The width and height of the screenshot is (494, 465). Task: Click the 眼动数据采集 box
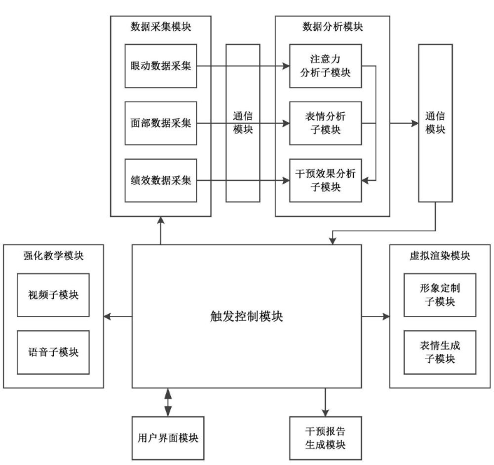pyautogui.click(x=161, y=65)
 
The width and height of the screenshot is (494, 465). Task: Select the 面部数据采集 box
pyautogui.click(x=161, y=123)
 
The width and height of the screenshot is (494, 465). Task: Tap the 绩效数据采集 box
pyautogui.click(x=161, y=180)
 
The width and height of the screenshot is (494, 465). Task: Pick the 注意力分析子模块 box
pyautogui.click(x=326, y=65)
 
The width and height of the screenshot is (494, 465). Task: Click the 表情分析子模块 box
pyautogui.click(x=326, y=123)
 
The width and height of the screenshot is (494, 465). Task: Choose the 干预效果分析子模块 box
pyautogui.click(x=326, y=180)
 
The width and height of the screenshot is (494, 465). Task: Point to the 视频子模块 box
pyautogui.click(x=53, y=295)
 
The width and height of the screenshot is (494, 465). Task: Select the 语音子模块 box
pyautogui.click(x=53, y=352)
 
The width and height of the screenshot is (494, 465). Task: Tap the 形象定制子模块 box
pyautogui.click(x=440, y=295)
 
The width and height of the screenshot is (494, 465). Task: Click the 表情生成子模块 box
pyautogui.click(x=440, y=352)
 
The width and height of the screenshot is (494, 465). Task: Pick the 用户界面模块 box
pyautogui.click(x=168, y=437)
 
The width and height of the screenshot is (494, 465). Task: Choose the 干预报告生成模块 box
pyautogui.click(x=326, y=437)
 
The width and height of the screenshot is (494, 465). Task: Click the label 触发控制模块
pyautogui.click(x=247, y=316)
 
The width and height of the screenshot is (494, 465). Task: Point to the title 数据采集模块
pyautogui.click(x=160, y=27)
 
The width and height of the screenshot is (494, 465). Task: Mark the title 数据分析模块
pyautogui.click(x=332, y=27)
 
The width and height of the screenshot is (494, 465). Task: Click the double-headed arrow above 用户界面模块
pyautogui.click(x=168, y=402)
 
